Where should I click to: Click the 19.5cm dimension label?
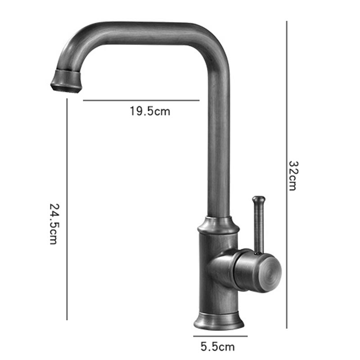point(150,111)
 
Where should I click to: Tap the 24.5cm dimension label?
point(54,224)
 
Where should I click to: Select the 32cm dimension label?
point(293,176)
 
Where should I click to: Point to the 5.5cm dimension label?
point(218,346)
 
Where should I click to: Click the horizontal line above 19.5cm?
point(141,100)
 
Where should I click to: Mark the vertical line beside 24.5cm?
point(67,209)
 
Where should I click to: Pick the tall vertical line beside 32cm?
point(287,175)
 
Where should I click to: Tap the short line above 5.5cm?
point(220,336)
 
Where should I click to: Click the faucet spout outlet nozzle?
point(66,81)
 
